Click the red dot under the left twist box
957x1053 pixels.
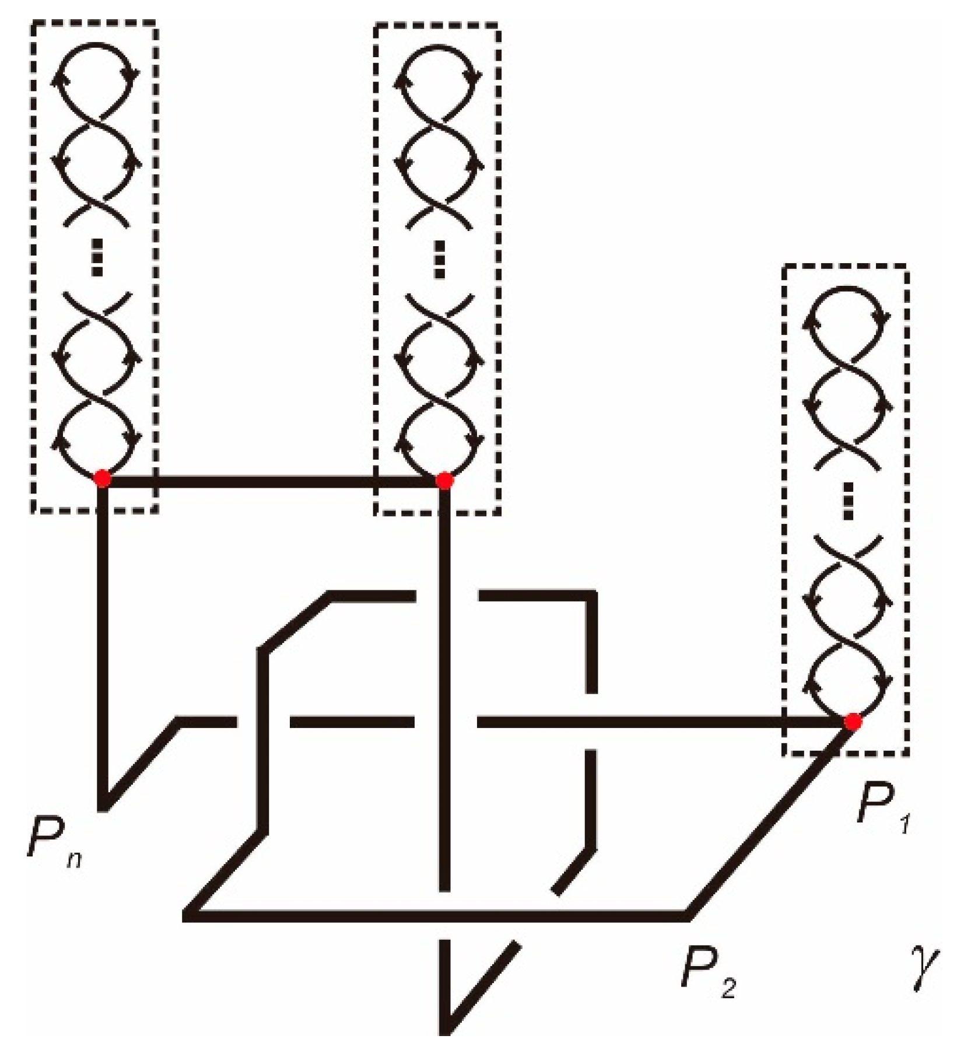(103, 478)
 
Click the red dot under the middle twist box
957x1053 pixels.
(444, 481)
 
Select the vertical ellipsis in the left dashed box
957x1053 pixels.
(97, 260)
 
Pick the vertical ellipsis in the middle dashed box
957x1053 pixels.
(440, 260)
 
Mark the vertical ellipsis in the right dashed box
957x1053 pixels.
(849, 501)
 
